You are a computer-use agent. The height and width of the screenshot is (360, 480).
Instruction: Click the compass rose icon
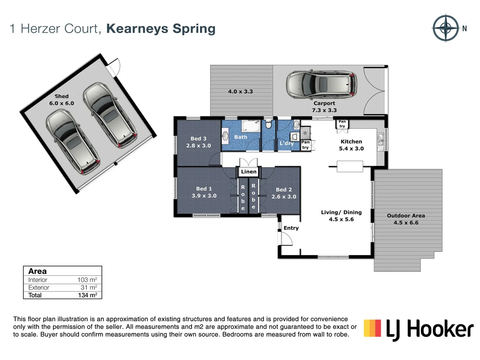[x=446, y=28]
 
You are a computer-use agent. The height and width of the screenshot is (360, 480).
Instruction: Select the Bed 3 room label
[x=198, y=139]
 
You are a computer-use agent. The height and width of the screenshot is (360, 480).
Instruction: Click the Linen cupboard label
[x=249, y=172]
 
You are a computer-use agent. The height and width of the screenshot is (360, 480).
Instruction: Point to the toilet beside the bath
[x=268, y=125]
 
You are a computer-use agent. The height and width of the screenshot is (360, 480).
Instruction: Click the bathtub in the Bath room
[x=251, y=126]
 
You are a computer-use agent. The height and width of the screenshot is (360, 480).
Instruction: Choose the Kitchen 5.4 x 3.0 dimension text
[x=351, y=149]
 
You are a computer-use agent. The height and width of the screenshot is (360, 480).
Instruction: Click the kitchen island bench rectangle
[x=350, y=166]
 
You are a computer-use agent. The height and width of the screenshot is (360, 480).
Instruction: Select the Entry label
[x=291, y=228]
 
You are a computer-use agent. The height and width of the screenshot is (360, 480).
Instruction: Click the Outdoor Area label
[x=406, y=216]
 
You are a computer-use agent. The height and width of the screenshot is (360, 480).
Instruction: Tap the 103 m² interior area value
[x=87, y=280]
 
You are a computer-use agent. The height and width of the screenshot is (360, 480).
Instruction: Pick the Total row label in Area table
[x=35, y=295]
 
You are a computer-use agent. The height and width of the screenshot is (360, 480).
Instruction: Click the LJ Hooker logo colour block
[x=372, y=328]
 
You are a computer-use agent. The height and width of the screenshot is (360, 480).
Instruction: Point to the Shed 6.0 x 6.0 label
[x=62, y=100]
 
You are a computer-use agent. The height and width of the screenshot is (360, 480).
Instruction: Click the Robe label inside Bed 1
[x=243, y=198]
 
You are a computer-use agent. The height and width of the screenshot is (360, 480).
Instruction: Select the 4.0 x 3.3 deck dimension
[x=240, y=91]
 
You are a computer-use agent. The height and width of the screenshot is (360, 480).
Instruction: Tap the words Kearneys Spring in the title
[x=161, y=29]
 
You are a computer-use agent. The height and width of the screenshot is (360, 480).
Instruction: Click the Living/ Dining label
[x=341, y=212]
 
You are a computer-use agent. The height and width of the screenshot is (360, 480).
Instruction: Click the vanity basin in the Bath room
[x=225, y=136]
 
